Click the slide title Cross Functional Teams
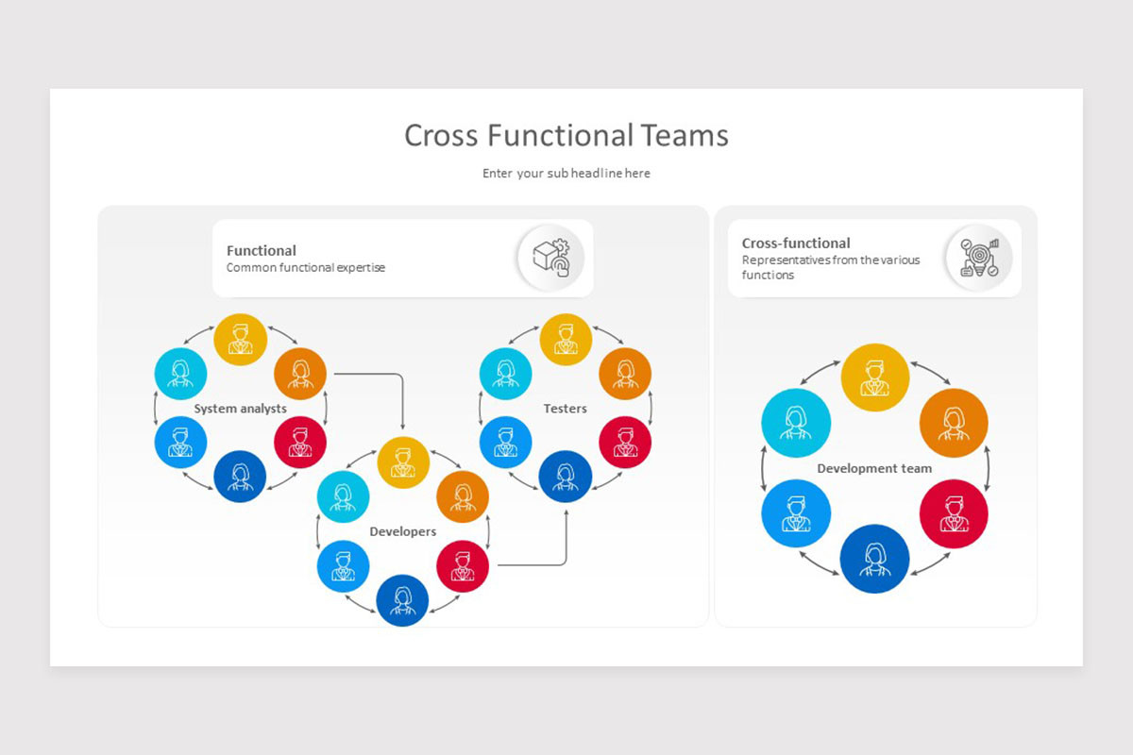coord(566,135)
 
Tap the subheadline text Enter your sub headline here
coord(566,174)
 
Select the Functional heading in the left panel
coord(262,250)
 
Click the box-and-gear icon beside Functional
coord(550,258)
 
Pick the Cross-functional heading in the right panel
coord(796,243)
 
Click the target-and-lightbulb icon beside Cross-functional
coord(979,258)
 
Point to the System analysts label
coord(240,409)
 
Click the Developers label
coord(403,531)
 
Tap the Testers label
coord(566,409)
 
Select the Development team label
coord(874,468)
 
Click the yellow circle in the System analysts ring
coord(240,339)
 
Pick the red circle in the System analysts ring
coord(300,442)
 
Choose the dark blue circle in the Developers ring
coord(403,600)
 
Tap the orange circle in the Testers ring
coord(625,374)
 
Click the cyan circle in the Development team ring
coord(796,423)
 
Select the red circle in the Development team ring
coord(954,514)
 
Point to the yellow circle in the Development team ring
coord(875,377)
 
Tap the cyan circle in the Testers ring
coord(506,374)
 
